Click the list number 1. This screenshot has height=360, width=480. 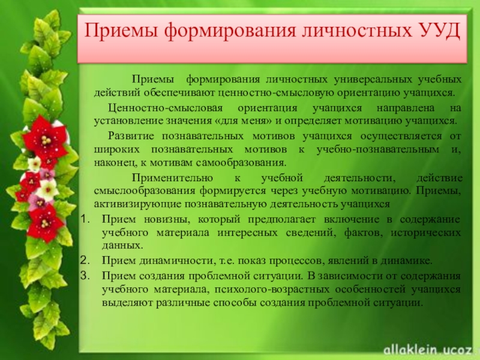tap(85, 218)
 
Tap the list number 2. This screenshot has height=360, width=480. tap(85, 261)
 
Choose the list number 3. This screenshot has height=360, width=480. tap(85, 275)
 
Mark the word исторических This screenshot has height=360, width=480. tap(425, 232)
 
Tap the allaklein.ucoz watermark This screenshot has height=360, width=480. tap(427, 346)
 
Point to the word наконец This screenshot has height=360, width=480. tap(115, 162)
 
